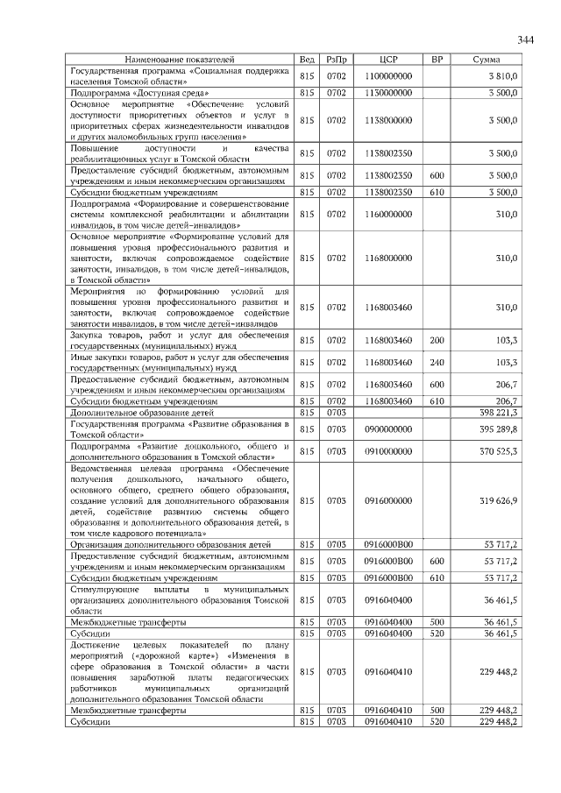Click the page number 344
pyautogui.click(x=525, y=40)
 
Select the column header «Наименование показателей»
pyautogui.click(x=181, y=59)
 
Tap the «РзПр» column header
pyautogui.click(x=337, y=59)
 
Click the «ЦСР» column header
pyautogui.click(x=388, y=59)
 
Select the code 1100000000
pyautogui.click(x=388, y=77)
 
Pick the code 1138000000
pyautogui.click(x=388, y=119)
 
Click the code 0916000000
pyautogui.click(x=388, y=499)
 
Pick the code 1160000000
pyautogui.click(x=388, y=213)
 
